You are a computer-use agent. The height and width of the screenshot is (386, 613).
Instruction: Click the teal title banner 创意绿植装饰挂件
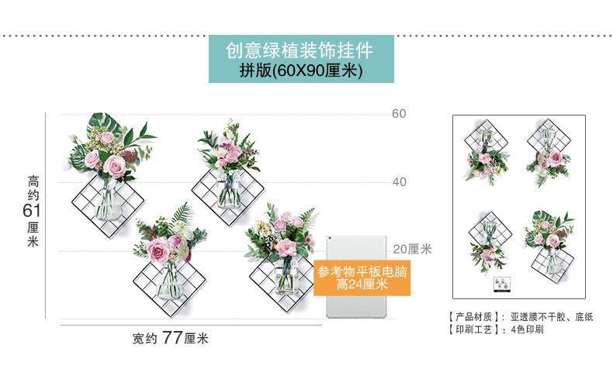(x=300, y=51)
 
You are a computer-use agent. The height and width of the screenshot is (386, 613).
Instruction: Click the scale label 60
(x=399, y=114)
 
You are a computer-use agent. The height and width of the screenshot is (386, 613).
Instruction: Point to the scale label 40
(x=399, y=182)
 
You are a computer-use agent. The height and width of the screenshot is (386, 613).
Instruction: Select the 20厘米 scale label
(x=412, y=250)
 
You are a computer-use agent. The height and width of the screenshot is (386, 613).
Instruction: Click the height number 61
(x=32, y=211)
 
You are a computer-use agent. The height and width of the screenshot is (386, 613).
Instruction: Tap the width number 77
(x=172, y=338)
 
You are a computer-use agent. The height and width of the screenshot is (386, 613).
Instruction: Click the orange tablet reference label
(x=362, y=278)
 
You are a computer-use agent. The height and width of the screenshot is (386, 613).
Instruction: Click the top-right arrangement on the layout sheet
(x=549, y=151)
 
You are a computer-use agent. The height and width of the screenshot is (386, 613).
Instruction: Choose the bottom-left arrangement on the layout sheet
(x=487, y=242)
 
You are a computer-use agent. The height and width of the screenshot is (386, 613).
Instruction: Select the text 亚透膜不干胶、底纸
(x=552, y=318)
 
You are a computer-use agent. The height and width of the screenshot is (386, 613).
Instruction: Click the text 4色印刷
(x=527, y=329)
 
